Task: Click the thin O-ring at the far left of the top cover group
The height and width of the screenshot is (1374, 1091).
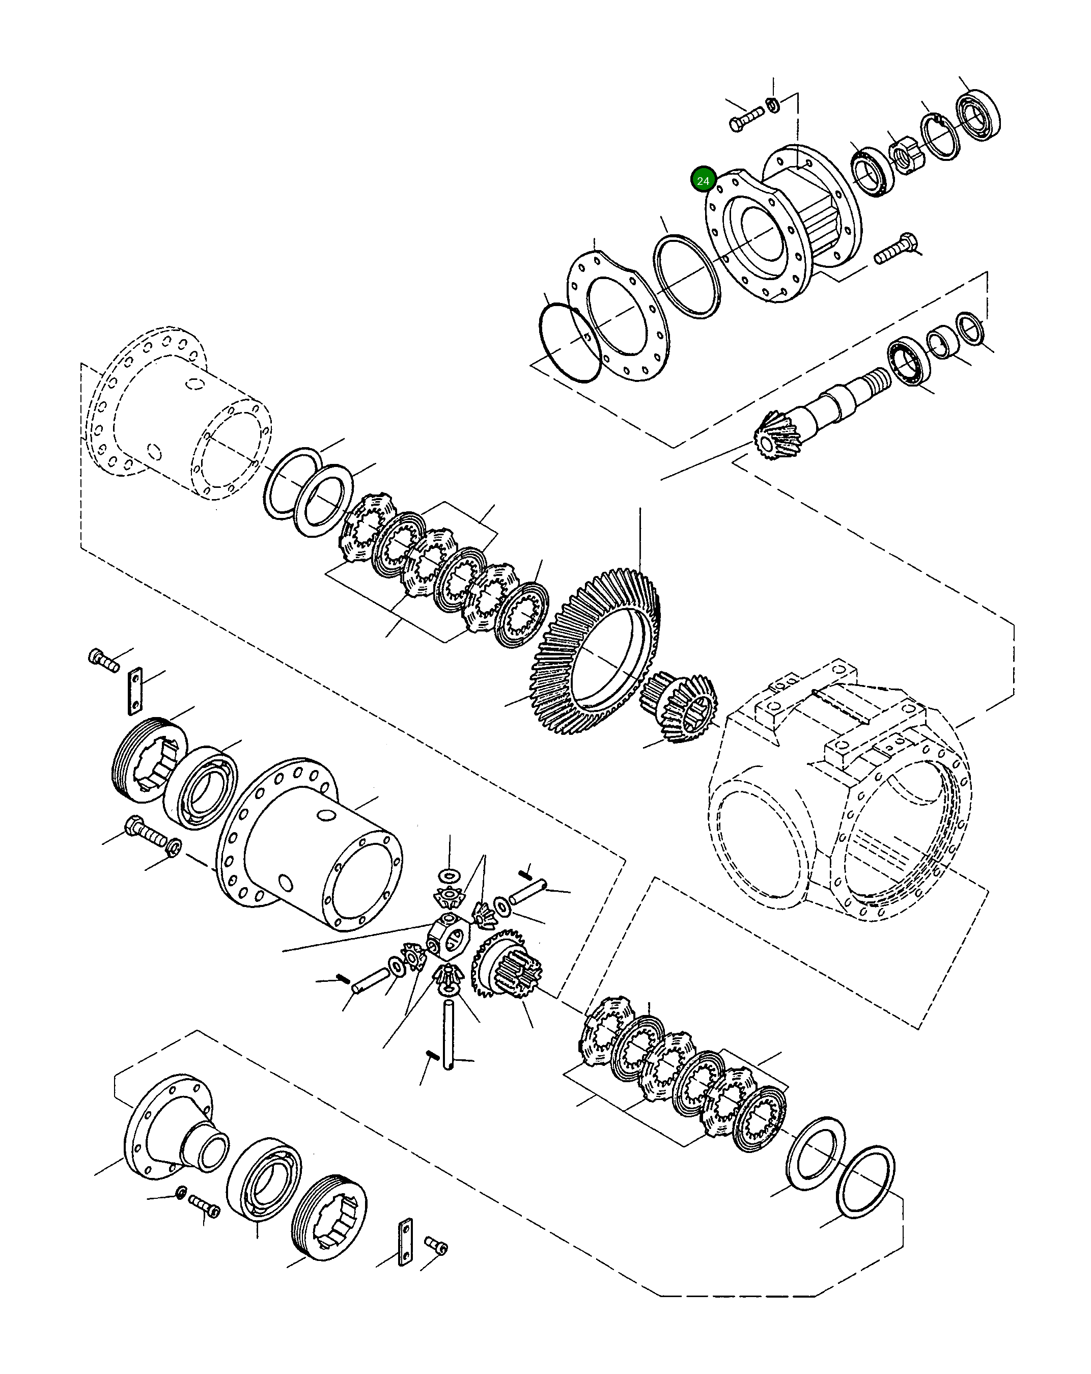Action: pyautogui.click(x=569, y=343)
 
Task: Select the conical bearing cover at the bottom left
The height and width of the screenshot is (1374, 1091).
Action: pyautogui.click(x=175, y=1129)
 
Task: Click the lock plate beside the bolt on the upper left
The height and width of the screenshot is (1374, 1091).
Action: pyautogui.click(x=134, y=690)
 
